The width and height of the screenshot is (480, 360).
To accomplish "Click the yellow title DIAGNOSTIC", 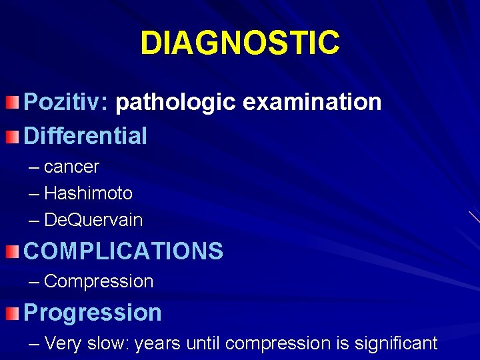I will tap(240, 43).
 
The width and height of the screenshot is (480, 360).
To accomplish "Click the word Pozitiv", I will tap(61, 103).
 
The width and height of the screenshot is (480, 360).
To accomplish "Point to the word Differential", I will tap(85, 136).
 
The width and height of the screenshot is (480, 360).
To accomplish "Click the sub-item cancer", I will tap(71, 167).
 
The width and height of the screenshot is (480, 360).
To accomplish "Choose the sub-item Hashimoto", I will tap(88, 193).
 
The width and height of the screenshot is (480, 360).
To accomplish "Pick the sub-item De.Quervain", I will tap(93, 220).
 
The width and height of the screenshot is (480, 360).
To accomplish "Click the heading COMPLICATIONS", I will tap(123, 251).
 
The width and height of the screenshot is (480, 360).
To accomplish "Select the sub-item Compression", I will tap(99, 281).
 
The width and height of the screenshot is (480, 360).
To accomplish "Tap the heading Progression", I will tap(93, 312).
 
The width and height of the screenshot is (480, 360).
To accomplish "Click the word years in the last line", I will tap(158, 343).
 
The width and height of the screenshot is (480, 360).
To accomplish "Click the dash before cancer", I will tap(34, 167).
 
